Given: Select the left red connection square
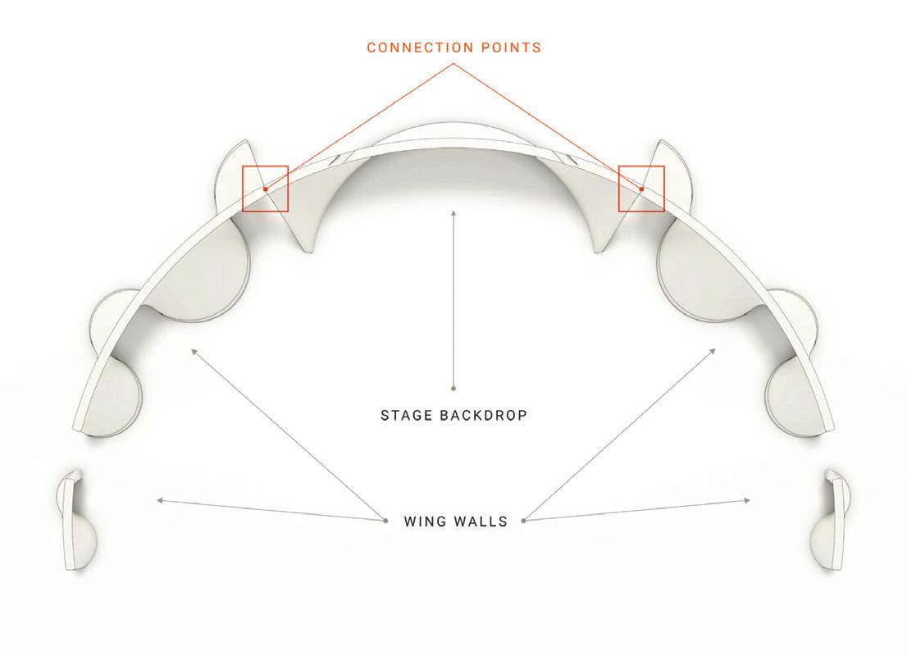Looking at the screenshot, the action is pos(265,189).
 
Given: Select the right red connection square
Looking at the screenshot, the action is pos(641,189).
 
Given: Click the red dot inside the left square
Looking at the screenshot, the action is pos(265,189).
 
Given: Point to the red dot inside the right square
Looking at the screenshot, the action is pos(641,189).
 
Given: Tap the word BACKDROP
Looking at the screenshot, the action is pos(485,415).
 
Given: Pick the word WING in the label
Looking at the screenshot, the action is pos(424,522).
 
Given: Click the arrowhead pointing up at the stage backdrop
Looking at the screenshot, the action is pos(453,213).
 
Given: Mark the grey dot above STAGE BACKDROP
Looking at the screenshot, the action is pos(453,388).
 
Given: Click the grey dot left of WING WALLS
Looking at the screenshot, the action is pos(385,520).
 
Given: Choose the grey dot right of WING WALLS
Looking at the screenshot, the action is pos(523,520).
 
